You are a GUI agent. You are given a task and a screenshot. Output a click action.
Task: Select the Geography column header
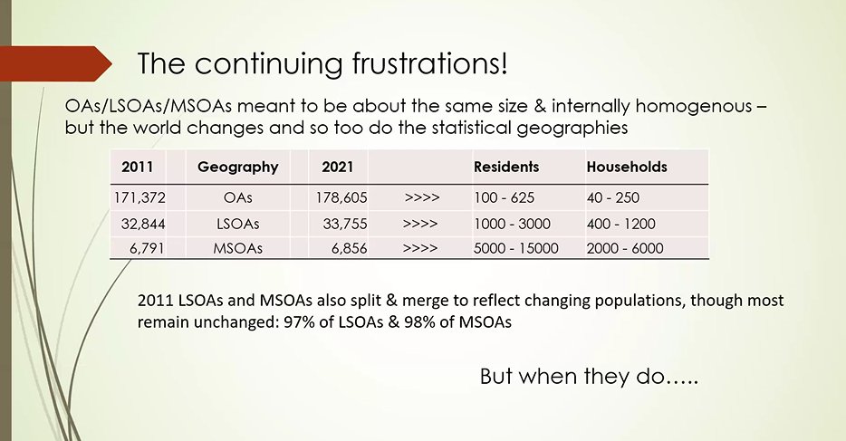click(x=237, y=168)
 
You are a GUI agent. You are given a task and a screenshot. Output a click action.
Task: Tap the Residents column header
click(x=506, y=168)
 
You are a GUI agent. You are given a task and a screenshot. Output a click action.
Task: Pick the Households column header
click(x=627, y=168)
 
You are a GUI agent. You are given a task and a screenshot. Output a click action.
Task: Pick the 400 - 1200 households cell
click(x=620, y=224)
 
